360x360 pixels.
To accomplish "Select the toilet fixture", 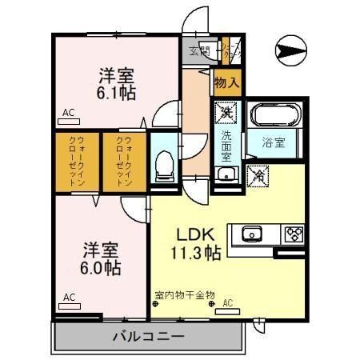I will click(x=164, y=166).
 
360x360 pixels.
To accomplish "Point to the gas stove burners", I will click(x=293, y=234).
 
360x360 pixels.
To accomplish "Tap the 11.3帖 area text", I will click(x=194, y=255).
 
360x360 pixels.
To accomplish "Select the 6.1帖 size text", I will click(x=117, y=92).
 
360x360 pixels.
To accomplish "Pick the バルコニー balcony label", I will click(x=148, y=336).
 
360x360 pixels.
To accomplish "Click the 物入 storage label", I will click(x=226, y=82).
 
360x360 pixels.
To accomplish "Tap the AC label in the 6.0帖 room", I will click(x=69, y=297).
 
